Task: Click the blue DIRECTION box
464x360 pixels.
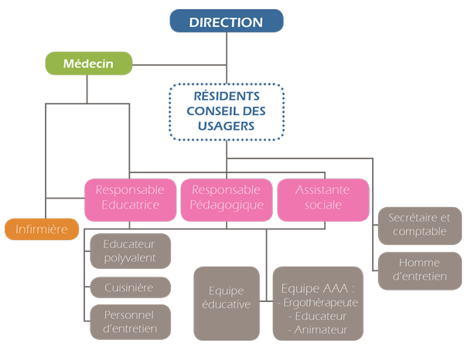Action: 227,22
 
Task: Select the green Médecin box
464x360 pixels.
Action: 89,64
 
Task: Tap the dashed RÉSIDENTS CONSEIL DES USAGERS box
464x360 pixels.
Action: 226,113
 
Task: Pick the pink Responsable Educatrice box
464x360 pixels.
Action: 130,198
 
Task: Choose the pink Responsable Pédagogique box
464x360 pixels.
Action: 227,198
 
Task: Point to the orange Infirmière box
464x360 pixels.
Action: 42,229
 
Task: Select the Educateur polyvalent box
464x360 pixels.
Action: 130,251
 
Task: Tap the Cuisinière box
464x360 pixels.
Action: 130,288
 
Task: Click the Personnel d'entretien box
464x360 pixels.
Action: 130,322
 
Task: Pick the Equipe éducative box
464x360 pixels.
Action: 226,298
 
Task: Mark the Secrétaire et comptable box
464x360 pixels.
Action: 419,225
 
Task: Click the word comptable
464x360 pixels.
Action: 419,232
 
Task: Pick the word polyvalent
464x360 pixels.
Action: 130,258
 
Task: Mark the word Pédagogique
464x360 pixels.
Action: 227,205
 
